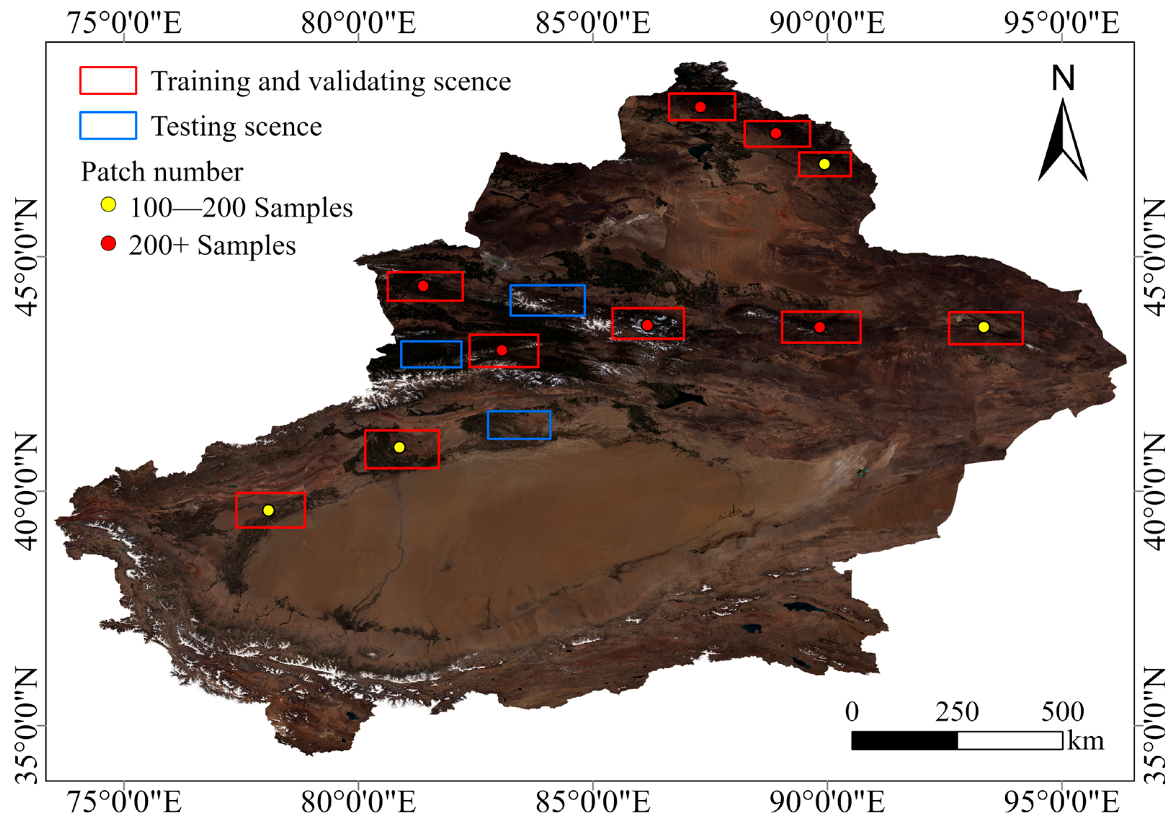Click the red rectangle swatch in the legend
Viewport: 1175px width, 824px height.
108,80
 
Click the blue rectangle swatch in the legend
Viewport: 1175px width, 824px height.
108,125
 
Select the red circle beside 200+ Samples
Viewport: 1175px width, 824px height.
108,243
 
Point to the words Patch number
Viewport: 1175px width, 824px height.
162,171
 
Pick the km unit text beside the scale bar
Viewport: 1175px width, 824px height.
1085,740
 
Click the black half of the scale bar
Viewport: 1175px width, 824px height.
904,740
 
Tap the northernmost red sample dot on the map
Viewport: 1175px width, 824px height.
701,107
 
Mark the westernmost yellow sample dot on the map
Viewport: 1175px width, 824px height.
268,510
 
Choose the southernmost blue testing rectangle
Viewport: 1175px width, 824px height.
519,425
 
